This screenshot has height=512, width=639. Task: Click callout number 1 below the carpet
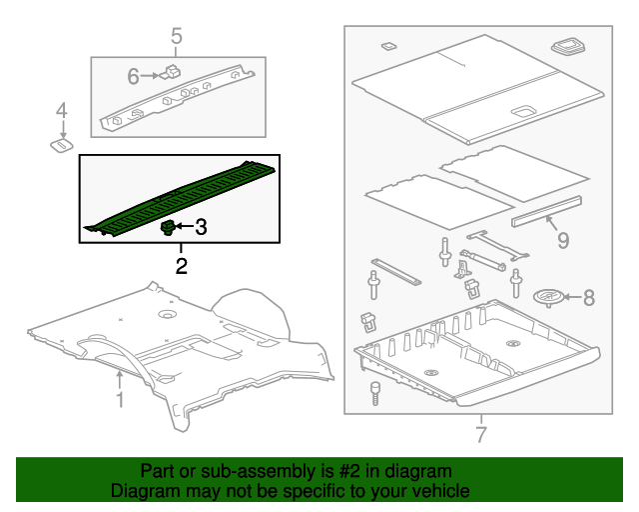point(119,400)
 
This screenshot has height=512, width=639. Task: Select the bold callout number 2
point(181,266)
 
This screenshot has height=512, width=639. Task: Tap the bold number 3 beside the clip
point(201,228)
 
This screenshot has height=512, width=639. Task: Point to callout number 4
point(61,110)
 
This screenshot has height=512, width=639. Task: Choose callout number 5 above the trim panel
point(177,37)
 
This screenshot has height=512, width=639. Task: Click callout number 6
point(133,75)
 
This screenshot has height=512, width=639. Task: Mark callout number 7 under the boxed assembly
point(480,434)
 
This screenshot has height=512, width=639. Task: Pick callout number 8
point(588,297)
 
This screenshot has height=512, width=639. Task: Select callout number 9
point(562,240)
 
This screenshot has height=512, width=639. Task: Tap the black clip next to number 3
point(168,228)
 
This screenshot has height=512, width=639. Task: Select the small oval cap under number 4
point(61,146)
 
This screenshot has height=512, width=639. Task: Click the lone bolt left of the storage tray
point(376,391)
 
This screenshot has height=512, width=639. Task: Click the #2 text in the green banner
point(338,471)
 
